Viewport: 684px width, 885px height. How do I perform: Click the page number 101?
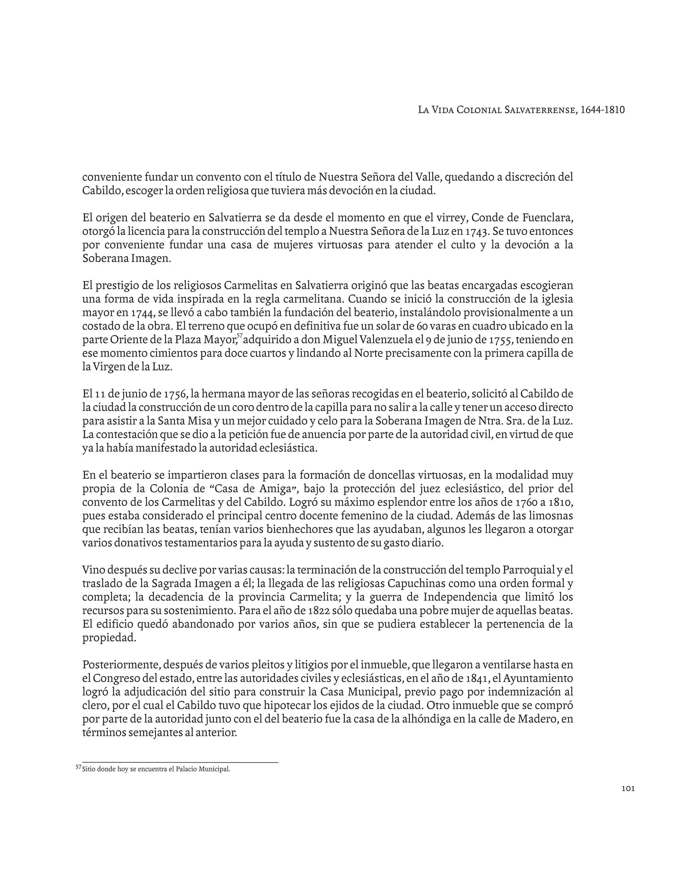click(628, 788)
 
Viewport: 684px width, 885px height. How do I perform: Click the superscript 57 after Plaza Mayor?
click(239, 336)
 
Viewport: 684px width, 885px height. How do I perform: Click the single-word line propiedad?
click(109, 638)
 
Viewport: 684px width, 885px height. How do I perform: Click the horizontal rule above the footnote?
click(180, 762)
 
